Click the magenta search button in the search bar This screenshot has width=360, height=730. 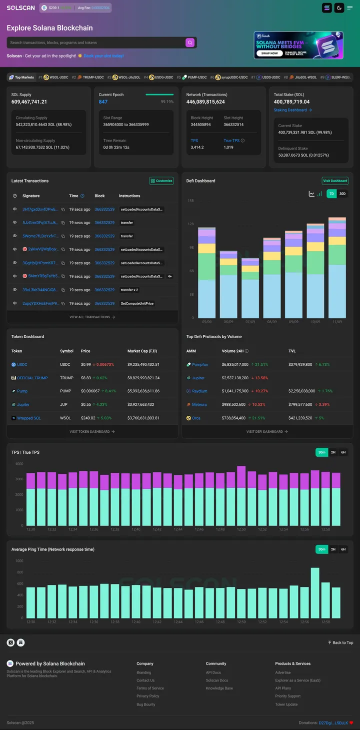click(x=190, y=43)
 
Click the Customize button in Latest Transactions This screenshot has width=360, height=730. click(x=161, y=181)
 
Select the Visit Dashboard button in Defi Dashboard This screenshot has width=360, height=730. click(x=335, y=181)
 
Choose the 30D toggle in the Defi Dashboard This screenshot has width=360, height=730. click(x=342, y=194)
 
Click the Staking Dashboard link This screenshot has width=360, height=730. click(x=292, y=110)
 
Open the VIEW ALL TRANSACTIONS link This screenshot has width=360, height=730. click(x=92, y=317)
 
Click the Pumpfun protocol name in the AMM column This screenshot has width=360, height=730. click(x=200, y=365)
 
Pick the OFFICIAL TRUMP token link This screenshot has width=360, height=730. click(x=32, y=378)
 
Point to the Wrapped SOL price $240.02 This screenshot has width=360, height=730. click(x=88, y=418)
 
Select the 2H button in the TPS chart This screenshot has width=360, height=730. click(x=333, y=452)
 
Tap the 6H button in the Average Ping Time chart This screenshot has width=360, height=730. click(x=343, y=549)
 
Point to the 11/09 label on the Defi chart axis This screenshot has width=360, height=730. click(x=336, y=322)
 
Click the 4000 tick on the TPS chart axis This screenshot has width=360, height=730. click(x=19, y=464)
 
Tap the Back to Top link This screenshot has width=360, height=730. click(x=340, y=642)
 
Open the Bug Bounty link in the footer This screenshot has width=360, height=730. click(x=146, y=704)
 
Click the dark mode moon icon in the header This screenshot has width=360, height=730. click(x=339, y=8)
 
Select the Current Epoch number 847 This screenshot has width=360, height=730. click(x=103, y=102)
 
